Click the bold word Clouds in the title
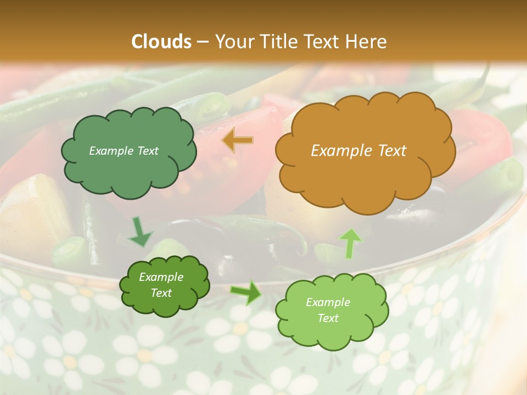161,42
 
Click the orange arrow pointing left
238,141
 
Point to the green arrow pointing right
246,292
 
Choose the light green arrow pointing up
351,242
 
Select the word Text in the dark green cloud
161,293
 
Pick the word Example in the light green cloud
328,302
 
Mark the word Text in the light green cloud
328,318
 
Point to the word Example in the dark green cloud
161,277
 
